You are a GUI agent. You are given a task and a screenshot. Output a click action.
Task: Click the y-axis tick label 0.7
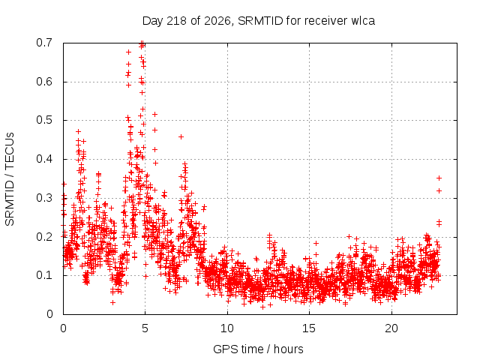44,43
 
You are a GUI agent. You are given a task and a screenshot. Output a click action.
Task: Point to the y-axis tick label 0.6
44,82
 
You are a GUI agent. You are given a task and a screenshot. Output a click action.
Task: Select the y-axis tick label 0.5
44,120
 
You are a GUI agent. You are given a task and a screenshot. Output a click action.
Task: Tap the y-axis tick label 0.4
44,159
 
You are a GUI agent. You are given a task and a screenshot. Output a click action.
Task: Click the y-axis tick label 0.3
44,198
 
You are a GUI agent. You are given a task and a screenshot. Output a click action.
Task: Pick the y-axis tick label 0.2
44,237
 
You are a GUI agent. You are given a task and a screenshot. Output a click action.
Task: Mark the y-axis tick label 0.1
44,275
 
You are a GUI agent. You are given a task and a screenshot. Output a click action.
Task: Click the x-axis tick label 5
145,328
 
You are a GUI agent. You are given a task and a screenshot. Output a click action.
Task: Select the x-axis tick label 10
227,328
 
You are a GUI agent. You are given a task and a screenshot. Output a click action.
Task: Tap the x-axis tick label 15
309,328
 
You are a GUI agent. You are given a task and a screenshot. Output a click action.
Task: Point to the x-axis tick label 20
391,328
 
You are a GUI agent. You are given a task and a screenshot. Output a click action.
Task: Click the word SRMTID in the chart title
260,21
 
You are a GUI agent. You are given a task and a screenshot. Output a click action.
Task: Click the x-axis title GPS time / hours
258,349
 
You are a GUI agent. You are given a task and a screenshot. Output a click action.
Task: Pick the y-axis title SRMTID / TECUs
10,179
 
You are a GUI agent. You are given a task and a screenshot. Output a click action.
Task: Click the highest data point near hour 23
439,178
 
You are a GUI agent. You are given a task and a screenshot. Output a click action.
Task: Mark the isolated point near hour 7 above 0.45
181,136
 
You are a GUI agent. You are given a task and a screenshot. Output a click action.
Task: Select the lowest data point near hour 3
112,303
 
